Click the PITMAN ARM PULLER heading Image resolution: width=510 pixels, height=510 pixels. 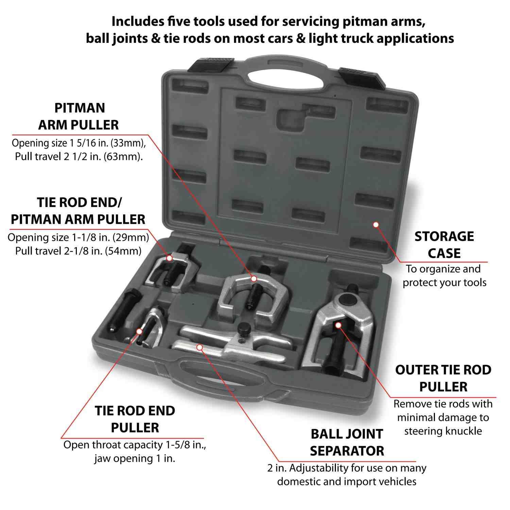pyautogui.click(x=79, y=117)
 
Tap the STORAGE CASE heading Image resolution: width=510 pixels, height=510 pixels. pyautogui.click(x=444, y=245)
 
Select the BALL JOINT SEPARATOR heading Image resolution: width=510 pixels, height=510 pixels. pyautogui.click(x=347, y=442)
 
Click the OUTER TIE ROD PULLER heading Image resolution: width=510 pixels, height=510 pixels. pyautogui.click(x=443, y=378)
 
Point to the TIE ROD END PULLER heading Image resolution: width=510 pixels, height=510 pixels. pyautogui.click(x=135, y=419)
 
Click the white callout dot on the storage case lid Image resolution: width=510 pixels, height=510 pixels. pyautogui.click(x=376, y=224)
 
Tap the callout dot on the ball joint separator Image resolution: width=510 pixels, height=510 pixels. pyautogui.click(x=200, y=347)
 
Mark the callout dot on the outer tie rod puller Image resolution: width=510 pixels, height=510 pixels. pyautogui.click(x=338, y=325)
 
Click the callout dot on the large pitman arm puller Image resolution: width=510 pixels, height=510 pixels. pyautogui.click(x=254, y=279)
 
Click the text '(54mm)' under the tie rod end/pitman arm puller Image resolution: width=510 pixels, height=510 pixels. pyautogui.click(x=123, y=251)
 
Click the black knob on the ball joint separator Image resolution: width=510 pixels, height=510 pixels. pyautogui.click(x=243, y=328)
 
